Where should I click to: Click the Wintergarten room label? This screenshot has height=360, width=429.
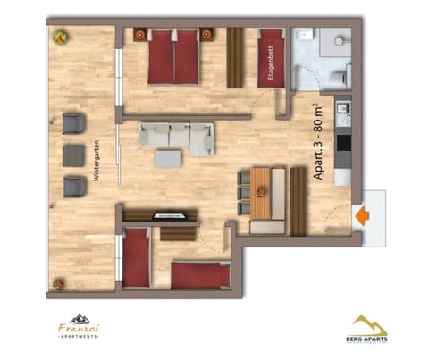click(x=97, y=163)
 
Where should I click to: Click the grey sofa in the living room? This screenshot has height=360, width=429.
click(x=175, y=136)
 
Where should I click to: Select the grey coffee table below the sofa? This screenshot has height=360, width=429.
click(x=167, y=158)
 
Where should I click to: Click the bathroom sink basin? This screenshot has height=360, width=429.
click(x=341, y=40)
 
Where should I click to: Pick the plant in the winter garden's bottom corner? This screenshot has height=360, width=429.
click(x=59, y=284)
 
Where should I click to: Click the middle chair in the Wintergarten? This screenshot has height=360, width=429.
click(x=73, y=155)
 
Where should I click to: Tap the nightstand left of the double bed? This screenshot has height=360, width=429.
click(x=140, y=35)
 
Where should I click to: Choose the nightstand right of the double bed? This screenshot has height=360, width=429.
click(x=206, y=35)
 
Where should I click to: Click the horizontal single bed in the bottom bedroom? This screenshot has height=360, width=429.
click(x=200, y=274)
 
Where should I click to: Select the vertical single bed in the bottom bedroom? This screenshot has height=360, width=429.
click(x=137, y=257)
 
